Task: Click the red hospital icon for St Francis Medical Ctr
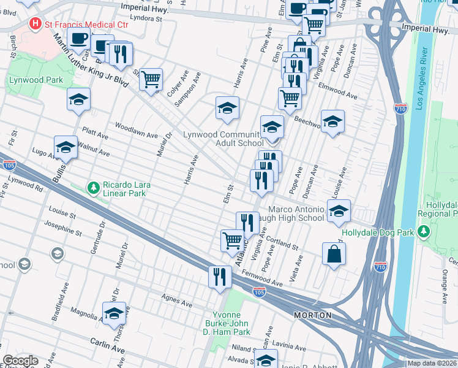tap(36, 24)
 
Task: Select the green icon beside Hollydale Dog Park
tap(423, 232)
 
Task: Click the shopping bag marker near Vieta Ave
tap(334, 255)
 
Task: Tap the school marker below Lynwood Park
tap(79, 99)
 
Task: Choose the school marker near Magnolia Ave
tap(114, 313)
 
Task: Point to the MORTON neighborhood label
tap(312, 315)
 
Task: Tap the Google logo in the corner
tap(20, 361)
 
